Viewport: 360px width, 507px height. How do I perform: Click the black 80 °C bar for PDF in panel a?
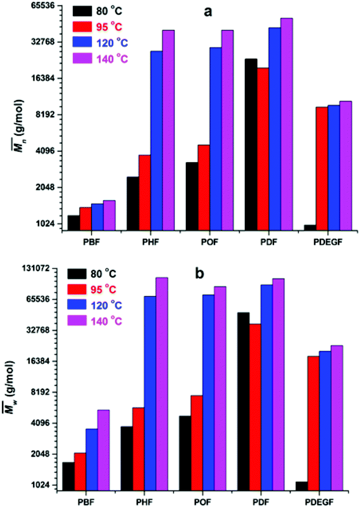pos(251,145)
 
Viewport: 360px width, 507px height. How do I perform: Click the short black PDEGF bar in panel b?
pos(302,486)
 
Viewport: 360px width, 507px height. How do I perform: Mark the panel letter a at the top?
pos(207,12)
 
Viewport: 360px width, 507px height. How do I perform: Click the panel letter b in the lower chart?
pos(200,274)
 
